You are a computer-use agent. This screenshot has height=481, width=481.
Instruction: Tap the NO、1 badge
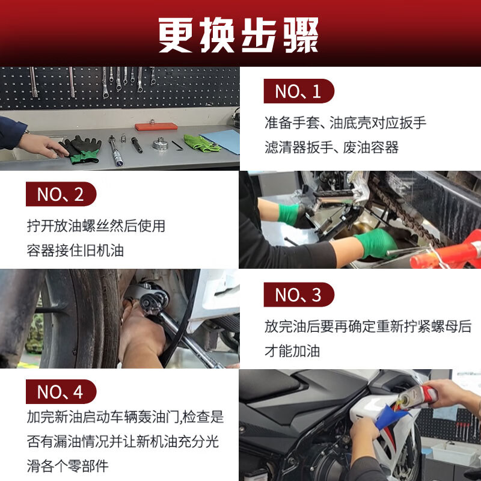coord(298,91)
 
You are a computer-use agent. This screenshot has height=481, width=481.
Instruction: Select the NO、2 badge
coord(61,194)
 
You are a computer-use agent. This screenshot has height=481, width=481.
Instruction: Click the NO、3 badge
coord(298,295)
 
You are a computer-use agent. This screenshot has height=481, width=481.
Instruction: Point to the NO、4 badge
coord(61,391)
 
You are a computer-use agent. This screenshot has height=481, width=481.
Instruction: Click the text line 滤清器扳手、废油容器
coord(331,147)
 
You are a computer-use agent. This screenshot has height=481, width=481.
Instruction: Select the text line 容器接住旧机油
coord(75,250)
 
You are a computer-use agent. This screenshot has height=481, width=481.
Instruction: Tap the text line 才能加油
coord(293,351)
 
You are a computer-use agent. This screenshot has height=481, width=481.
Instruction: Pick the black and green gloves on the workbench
coord(82,149)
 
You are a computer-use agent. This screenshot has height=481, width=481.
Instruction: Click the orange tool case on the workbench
coord(156,127)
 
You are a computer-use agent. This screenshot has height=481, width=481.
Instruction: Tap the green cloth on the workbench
coord(201,143)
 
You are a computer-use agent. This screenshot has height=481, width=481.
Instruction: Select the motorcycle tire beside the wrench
coord(78,319)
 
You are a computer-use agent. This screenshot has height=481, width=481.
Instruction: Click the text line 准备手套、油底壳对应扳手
coord(345,123)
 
